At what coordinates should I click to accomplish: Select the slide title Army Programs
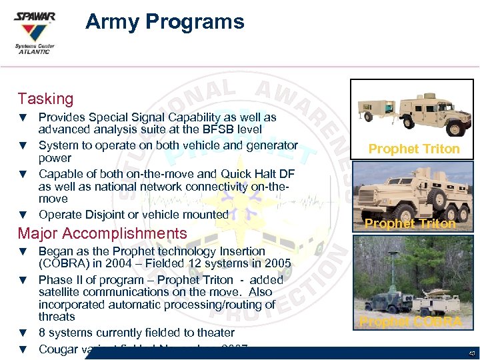165,22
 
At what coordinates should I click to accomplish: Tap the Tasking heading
45,99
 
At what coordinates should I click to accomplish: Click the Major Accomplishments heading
102,233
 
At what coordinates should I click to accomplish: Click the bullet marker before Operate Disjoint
23,215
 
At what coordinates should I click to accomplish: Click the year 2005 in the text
277,263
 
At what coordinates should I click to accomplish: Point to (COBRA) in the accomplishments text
62,263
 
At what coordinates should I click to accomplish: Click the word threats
57,317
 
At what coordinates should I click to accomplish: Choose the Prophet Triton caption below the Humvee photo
414,149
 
